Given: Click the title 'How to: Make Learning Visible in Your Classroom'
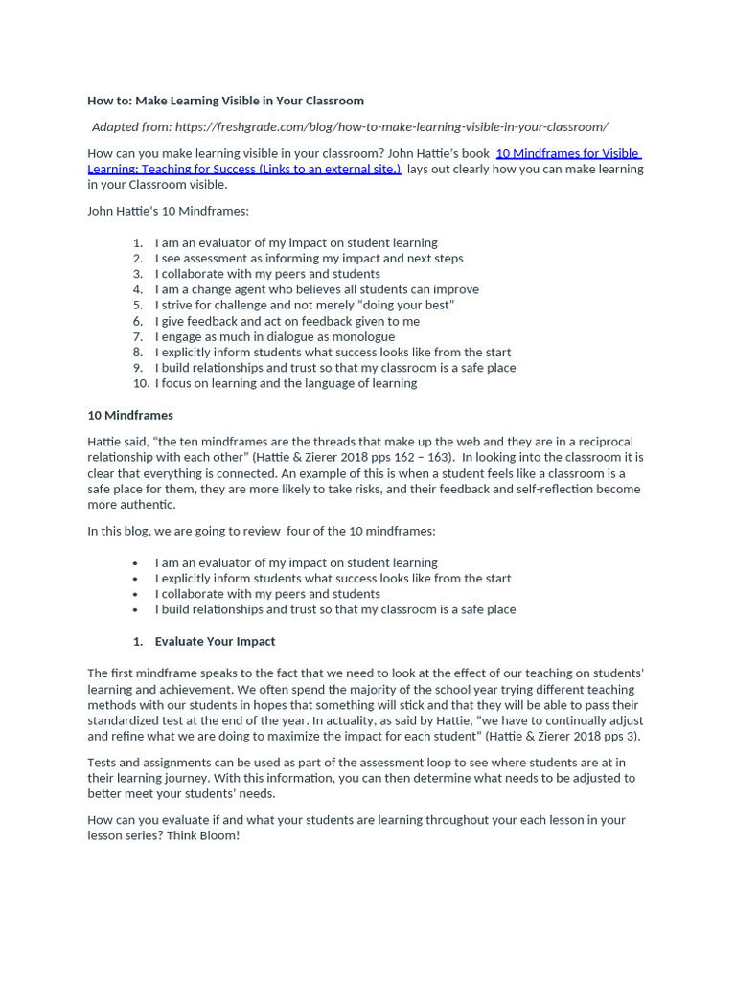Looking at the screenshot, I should click(x=225, y=101).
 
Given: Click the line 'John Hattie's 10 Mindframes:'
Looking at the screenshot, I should click(x=168, y=211).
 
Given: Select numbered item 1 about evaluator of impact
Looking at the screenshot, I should click(x=296, y=243).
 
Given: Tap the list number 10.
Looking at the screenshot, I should click(x=141, y=383).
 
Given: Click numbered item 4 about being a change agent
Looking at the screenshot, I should click(x=316, y=289).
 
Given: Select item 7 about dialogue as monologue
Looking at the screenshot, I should click(x=274, y=336).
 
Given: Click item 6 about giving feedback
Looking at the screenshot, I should click(x=287, y=321).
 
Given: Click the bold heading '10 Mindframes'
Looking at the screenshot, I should click(x=130, y=416).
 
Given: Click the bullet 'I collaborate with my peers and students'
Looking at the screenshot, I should click(x=267, y=594).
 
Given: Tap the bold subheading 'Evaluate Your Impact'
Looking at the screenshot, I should click(x=215, y=642).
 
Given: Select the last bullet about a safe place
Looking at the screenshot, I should click(x=334, y=609).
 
